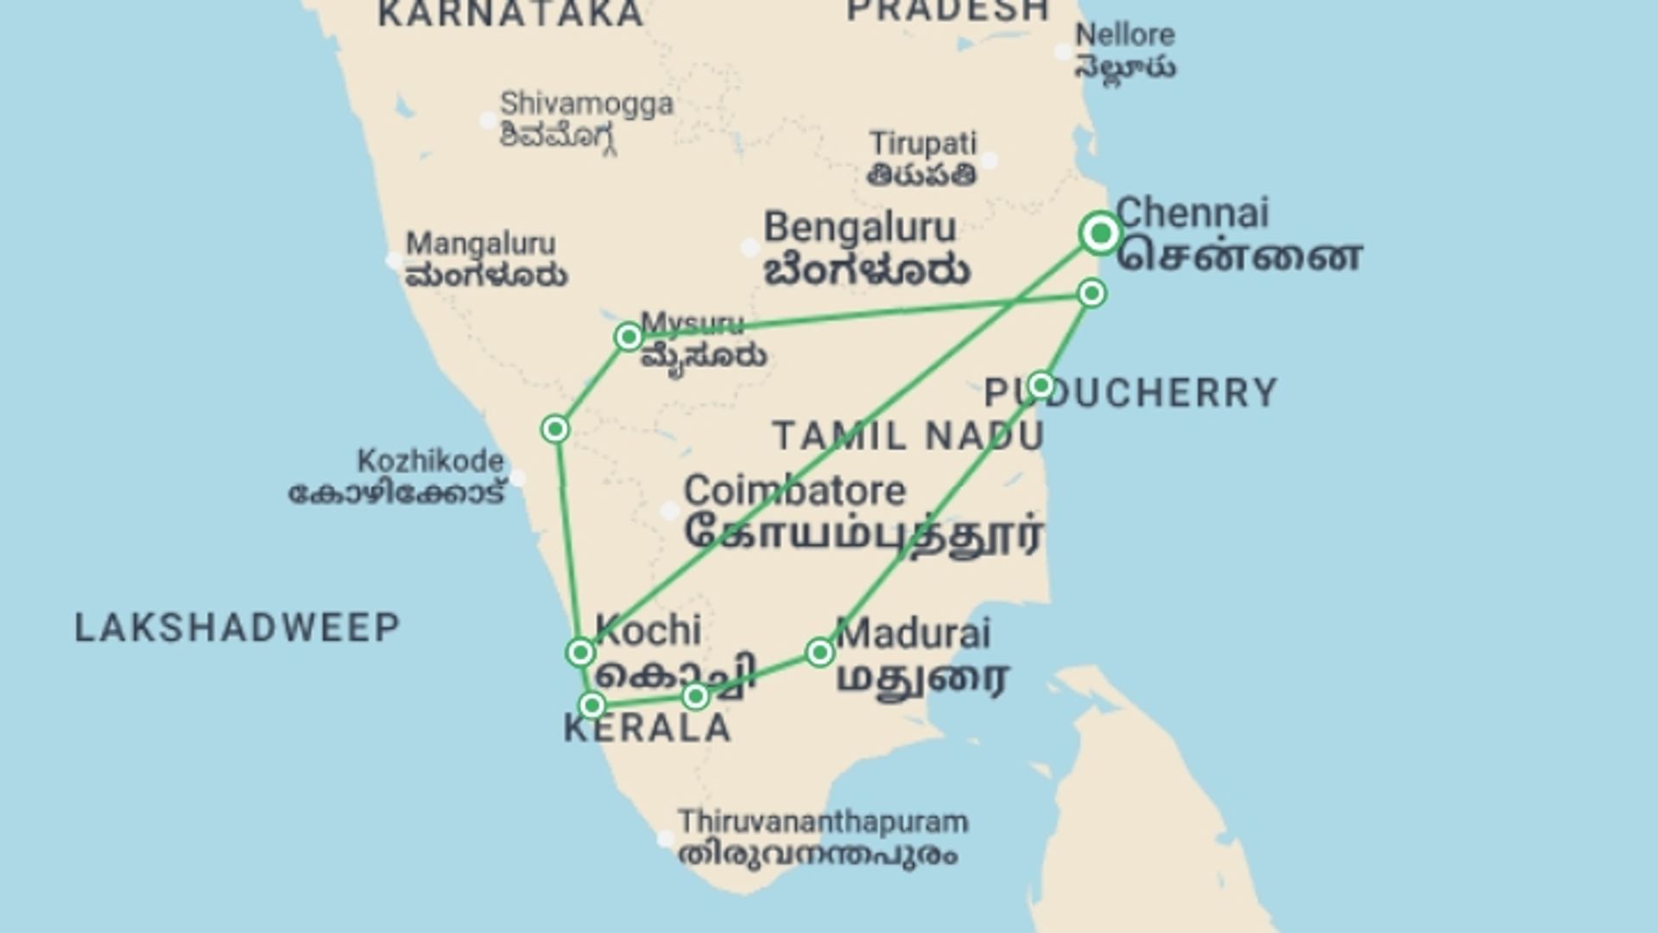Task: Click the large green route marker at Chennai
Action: (x=1101, y=233)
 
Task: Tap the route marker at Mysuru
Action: (x=629, y=336)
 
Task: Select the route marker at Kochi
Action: (x=580, y=652)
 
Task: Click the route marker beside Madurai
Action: (x=820, y=652)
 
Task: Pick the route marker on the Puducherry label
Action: (x=1041, y=384)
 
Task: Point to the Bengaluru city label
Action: (x=859, y=228)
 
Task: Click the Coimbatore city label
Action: (x=794, y=492)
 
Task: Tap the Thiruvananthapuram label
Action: (x=822, y=822)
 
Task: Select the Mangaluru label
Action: (x=481, y=244)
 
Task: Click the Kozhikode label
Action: (x=430, y=461)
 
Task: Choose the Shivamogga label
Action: (x=586, y=104)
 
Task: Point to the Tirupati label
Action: (x=922, y=143)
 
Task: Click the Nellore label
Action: (x=1124, y=35)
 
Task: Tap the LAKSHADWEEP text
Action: (x=237, y=628)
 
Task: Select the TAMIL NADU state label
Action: (x=908, y=436)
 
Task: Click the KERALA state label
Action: (x=648, y=728)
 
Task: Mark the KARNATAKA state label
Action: (x=511, y=13)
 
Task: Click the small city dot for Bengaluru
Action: (x=750, y=249)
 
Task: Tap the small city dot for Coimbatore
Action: (x=669, y=511)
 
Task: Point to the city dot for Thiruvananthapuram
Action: (x=665, y=839)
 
